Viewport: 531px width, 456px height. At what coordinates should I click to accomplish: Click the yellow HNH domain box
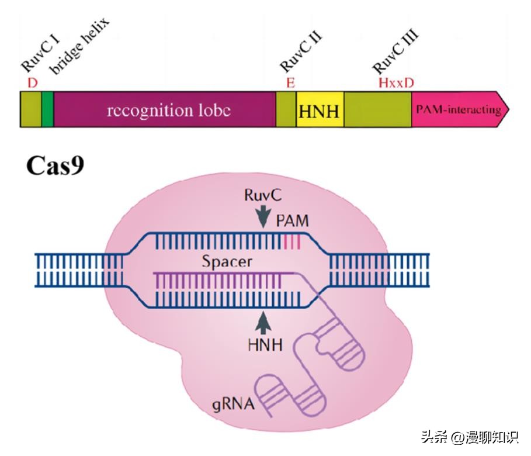320,110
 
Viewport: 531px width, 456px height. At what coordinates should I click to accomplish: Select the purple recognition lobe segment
165,110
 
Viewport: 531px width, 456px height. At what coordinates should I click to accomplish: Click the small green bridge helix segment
47,110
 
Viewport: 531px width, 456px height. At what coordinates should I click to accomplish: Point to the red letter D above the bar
33,83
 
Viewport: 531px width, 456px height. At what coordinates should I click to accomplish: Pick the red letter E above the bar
290,83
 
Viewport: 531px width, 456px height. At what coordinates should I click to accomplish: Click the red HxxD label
396,83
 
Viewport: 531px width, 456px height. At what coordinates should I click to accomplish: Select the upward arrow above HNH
264,323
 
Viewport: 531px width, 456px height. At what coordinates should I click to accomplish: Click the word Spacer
227,261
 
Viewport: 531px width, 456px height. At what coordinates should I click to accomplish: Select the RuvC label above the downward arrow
264,195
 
